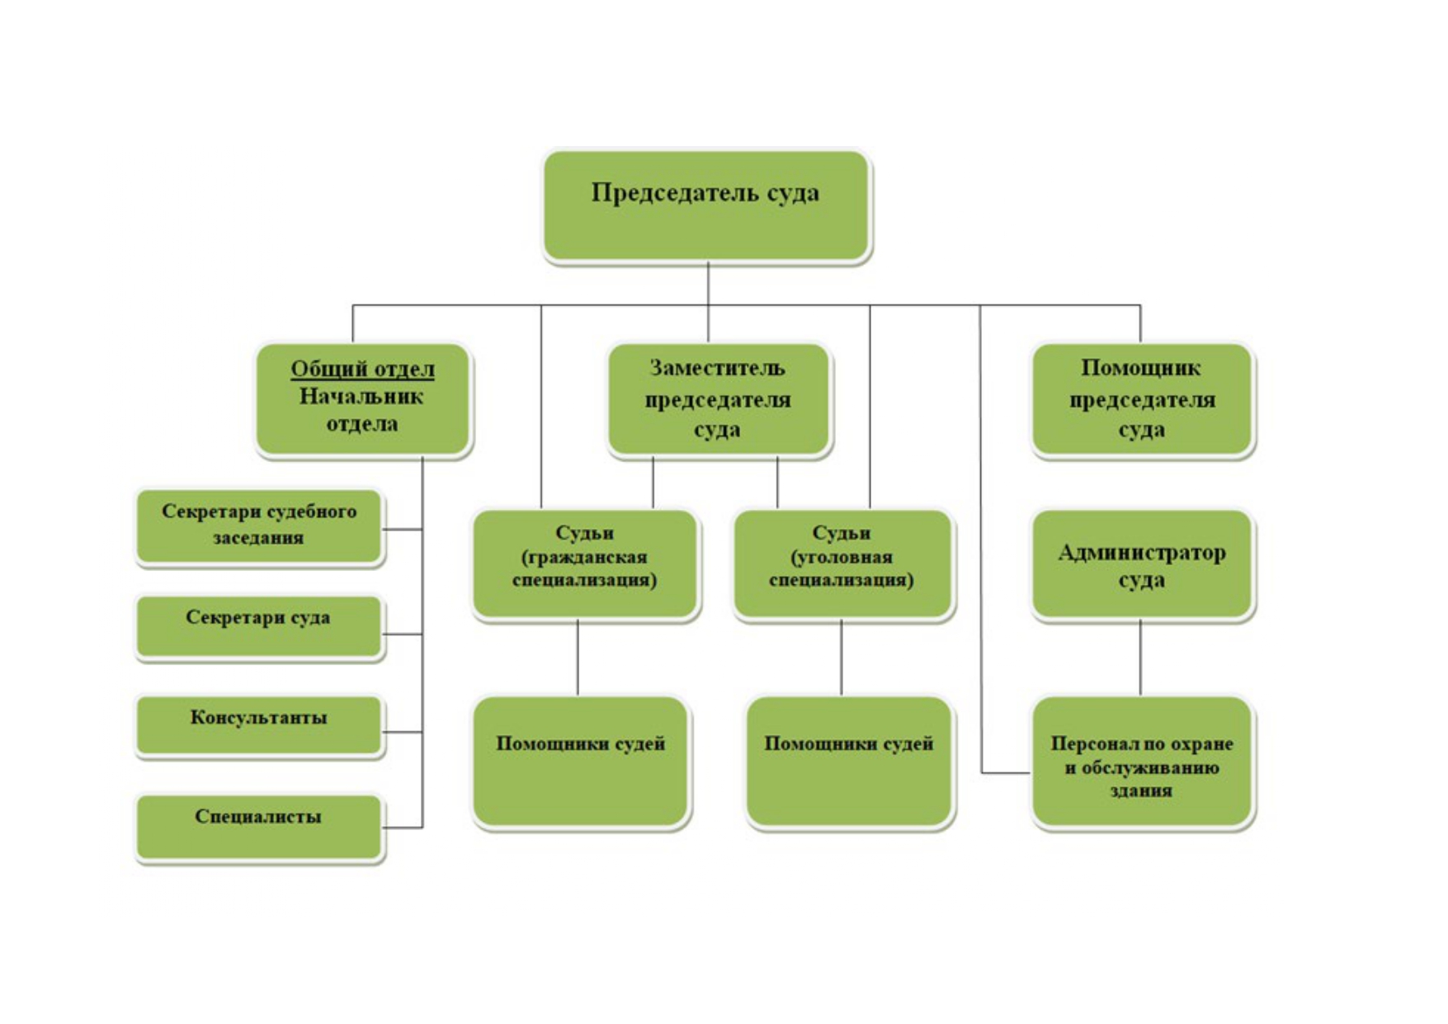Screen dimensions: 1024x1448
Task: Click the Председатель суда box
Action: coord(706,205)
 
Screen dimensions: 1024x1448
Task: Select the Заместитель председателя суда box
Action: coord(718,399)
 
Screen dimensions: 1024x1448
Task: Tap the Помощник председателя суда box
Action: coord(1142,399)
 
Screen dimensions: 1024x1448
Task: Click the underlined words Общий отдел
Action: coord(362,369)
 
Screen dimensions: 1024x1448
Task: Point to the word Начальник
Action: coord(361,397)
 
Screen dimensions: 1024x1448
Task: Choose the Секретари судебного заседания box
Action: coord(259,526)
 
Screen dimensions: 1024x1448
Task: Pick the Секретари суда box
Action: coord(259,626)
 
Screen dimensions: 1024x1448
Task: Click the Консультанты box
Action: coord(259,725)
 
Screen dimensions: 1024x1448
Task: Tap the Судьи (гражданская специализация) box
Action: coord(585,564)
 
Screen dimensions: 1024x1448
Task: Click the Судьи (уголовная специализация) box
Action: coord(842,564)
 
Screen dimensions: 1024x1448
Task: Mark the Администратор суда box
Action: coord(1142,564)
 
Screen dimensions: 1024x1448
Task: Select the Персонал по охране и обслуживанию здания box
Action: coord(1142,762)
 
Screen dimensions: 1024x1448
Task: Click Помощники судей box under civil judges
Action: coord(581,762)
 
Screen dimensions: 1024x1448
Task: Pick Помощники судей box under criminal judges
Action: coord(849,762)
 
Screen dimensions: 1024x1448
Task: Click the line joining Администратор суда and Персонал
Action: coord(1140,658)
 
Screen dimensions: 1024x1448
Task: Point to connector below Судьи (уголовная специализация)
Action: coord(842,658)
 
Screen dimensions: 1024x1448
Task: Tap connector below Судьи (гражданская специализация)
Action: coord(578,658)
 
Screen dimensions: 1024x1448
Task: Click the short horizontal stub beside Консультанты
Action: coord(403,732)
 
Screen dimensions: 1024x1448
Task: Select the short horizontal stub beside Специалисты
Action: coord(403,828)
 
